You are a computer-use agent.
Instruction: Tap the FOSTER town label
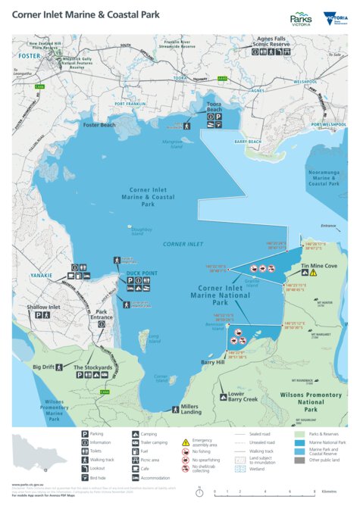click(30, 55)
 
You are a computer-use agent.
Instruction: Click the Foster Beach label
click(99, 124)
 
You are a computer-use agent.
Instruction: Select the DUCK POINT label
click(142, 273)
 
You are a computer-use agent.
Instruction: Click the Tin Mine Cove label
click(319, 267)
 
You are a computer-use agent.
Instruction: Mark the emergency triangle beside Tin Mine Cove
click(307, 276)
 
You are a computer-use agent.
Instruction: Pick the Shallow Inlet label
click(43, 307)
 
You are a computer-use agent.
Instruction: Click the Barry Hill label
click(213, 363)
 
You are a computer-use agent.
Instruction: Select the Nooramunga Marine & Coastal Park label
click(324, 178)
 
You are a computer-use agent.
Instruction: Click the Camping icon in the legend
click(134, 433)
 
